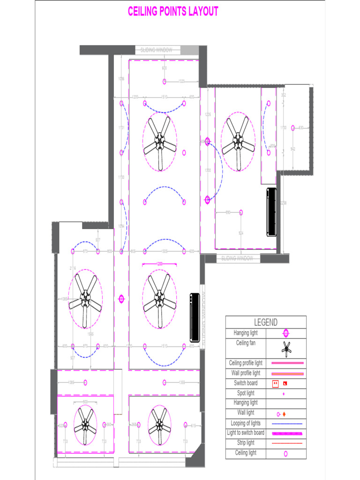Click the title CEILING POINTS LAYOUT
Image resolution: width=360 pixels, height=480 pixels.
[173, 12]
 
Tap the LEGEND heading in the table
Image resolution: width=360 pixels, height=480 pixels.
[265, 322]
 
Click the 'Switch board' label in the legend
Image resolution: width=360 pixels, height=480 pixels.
[246, 383]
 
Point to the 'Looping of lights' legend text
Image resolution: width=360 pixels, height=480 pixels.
[246, 423]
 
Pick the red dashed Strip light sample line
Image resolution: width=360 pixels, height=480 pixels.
[287, 443]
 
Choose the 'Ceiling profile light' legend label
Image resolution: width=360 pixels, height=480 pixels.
[246, 363]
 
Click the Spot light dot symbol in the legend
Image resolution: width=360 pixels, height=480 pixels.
[284, 394]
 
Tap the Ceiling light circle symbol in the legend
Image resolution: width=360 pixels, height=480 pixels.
[285, 453]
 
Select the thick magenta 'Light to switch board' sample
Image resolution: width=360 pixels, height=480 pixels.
[287, 433]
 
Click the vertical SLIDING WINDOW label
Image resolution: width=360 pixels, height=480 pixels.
[203, 316]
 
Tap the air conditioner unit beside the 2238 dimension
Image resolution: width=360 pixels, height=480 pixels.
[271, 211]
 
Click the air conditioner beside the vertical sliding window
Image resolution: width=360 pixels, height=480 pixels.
[195, 317]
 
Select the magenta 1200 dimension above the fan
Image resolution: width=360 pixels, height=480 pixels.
[159, 264]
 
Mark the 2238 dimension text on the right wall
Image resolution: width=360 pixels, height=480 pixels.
[283, 203]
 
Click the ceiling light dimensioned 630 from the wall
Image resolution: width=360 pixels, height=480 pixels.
[292, 127]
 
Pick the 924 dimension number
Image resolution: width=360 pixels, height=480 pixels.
[241, 233]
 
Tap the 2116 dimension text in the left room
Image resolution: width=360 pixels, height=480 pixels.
[73, 268]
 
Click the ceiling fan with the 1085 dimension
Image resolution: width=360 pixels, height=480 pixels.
[85, 299]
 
